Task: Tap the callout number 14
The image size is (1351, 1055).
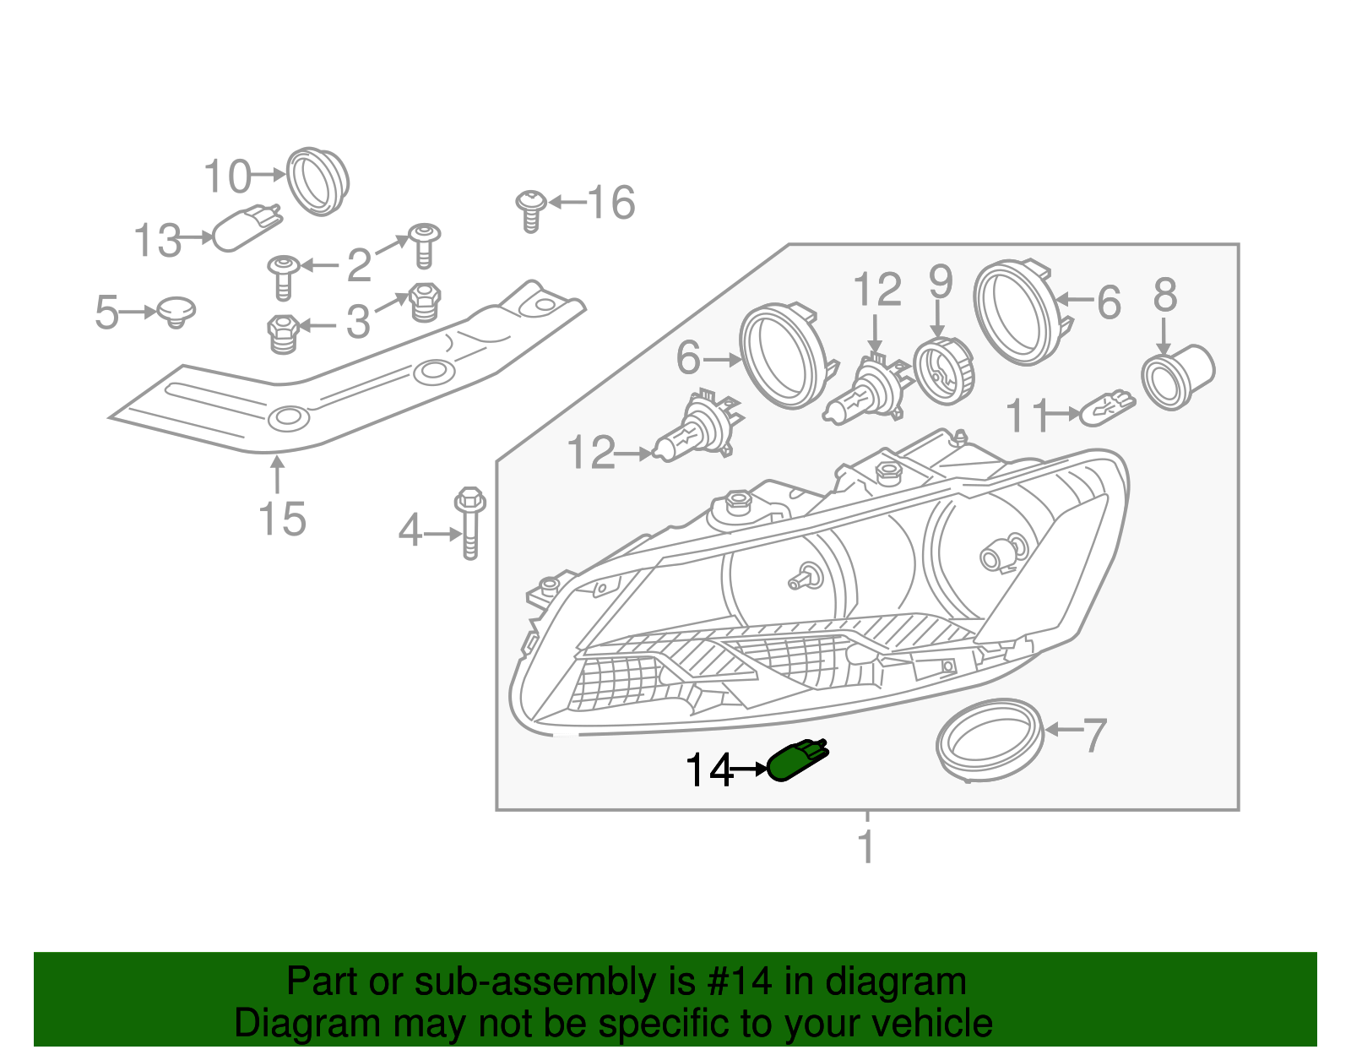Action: click(708, 770)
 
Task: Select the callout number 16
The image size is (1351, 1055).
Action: click(610, 204)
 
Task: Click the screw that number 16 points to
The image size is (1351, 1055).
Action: click(530, 209)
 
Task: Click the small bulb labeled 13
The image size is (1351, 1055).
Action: click(245, 228)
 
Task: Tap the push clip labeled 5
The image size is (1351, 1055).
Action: click(176, 311)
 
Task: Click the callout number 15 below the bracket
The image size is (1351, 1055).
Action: click(282, 519)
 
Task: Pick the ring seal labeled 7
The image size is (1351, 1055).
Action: click(990, 739)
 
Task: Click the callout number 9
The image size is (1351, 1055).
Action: click(940, 282)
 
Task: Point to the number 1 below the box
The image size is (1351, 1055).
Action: click(866, 846)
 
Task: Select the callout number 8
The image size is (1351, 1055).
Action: click(1164, 296)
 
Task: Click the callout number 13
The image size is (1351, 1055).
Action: click(158, 241)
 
